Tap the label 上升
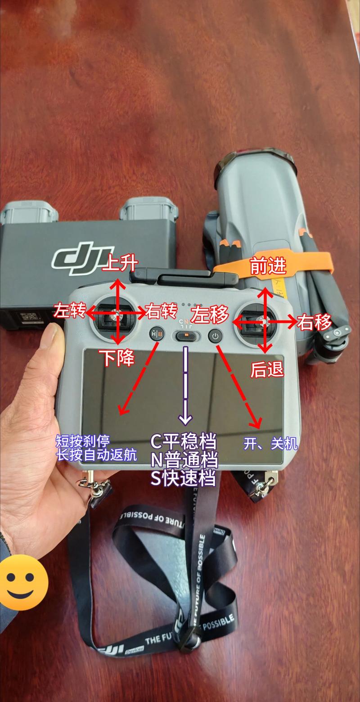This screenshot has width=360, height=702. click(x=119, y=263)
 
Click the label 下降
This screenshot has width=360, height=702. click(x=117, y=358)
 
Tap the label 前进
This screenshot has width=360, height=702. click(x=268, y=267)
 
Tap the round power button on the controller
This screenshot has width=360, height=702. click(x=216, y=336)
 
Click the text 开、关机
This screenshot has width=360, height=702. click(x=270, y=444)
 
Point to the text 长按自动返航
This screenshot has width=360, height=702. click(x=96, y=455)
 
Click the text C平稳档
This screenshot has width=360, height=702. click(x=183, y=441)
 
